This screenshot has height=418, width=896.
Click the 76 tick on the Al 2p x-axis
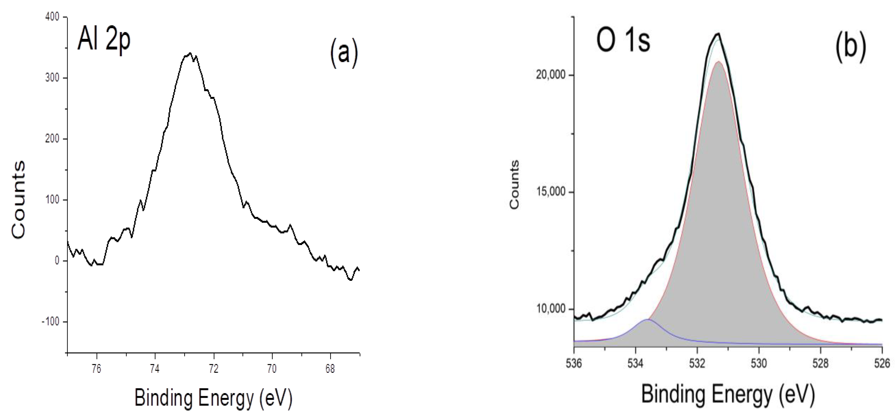pos(96,369)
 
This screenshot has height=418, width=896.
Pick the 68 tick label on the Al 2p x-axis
pos(330,369)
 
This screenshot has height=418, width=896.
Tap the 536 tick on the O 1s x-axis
pos(574,363)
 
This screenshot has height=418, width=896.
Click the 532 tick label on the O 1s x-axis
pos(697,363)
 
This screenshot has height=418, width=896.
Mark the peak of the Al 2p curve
pos(189,53)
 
